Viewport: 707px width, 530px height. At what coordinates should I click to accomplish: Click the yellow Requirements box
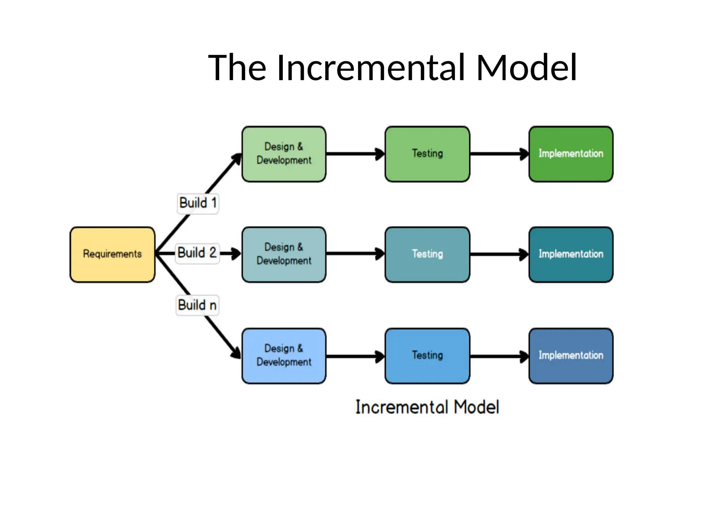point(112,254)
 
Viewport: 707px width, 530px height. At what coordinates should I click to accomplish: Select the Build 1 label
point(198,203)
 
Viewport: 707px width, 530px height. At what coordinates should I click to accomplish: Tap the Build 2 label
point(197,253)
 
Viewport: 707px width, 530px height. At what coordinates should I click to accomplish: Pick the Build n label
point(197,305)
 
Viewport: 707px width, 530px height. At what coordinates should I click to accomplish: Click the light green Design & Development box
point(284,154)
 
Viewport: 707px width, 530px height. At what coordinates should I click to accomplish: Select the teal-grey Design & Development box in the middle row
point(284,254)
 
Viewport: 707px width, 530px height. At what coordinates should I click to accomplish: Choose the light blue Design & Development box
point(284,355)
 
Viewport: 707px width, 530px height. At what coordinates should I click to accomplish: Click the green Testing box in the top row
point(427,154)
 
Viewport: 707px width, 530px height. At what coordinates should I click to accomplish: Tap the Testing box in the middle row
point(427,254)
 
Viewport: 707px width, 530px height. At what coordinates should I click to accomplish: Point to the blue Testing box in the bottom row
point(427,355)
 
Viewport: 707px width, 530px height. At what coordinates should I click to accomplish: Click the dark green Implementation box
point(571,154)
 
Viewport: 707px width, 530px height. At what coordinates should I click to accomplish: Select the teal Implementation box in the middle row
point(571,254)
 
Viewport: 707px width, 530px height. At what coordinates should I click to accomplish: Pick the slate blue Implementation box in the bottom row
point(571,355)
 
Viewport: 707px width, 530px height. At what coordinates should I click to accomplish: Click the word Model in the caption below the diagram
point(476,407)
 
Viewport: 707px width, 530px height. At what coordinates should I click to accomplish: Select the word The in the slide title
point(237,68)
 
